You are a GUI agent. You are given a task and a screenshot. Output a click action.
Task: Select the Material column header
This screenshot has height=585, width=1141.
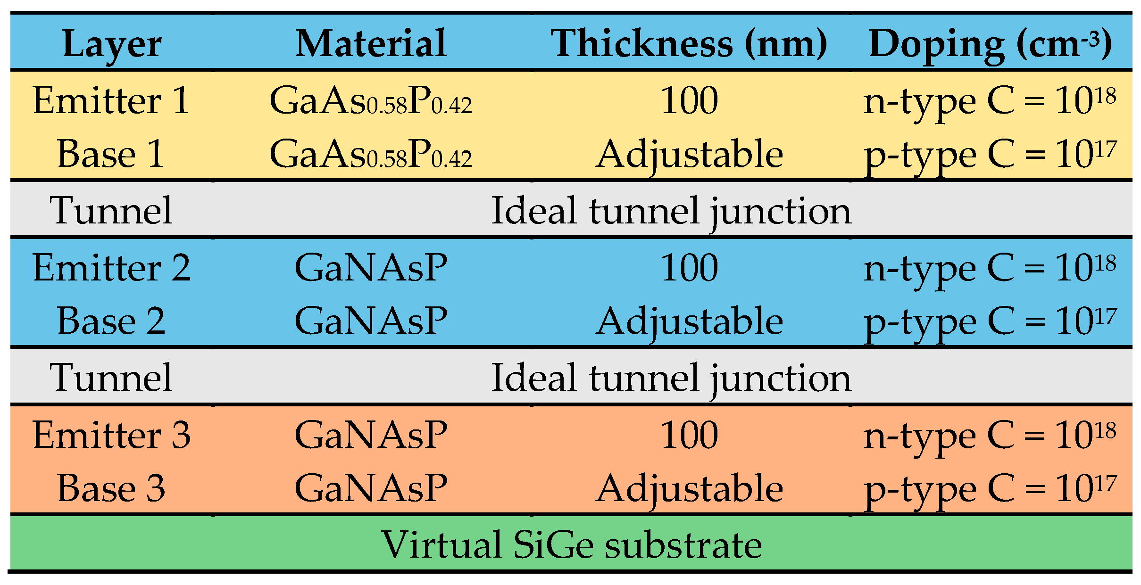pos(371,43)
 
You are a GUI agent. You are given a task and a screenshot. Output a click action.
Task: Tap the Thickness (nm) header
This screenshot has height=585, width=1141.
pos(689,43)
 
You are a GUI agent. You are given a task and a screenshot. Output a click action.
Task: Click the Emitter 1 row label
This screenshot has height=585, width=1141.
pos(111,100)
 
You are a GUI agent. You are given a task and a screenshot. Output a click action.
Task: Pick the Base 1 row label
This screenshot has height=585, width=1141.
pos(111,154)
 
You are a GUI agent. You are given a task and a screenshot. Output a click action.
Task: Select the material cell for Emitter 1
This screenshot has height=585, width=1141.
pos(371,101)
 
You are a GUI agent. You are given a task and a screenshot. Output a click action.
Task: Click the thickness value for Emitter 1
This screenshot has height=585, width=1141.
pos(689,100)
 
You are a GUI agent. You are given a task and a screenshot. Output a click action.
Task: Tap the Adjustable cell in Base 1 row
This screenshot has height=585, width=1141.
pos(689,155)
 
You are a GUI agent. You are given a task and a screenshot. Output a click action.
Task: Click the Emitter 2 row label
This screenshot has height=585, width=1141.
pos(111,268)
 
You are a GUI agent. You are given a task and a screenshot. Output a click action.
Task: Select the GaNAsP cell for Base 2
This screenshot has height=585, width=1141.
pos(371,321)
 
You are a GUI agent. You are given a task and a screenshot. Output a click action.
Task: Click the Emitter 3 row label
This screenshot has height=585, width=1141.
pos(111,435)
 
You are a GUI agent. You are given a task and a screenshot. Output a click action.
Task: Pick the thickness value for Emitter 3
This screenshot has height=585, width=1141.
pos(689,435)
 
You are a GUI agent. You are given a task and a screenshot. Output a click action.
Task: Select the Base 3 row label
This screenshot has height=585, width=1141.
pos(111,488)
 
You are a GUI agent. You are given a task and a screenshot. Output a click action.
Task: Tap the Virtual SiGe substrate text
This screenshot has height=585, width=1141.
pos(571,545)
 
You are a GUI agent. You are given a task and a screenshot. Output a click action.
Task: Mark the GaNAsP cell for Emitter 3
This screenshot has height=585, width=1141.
pos(371,435)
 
